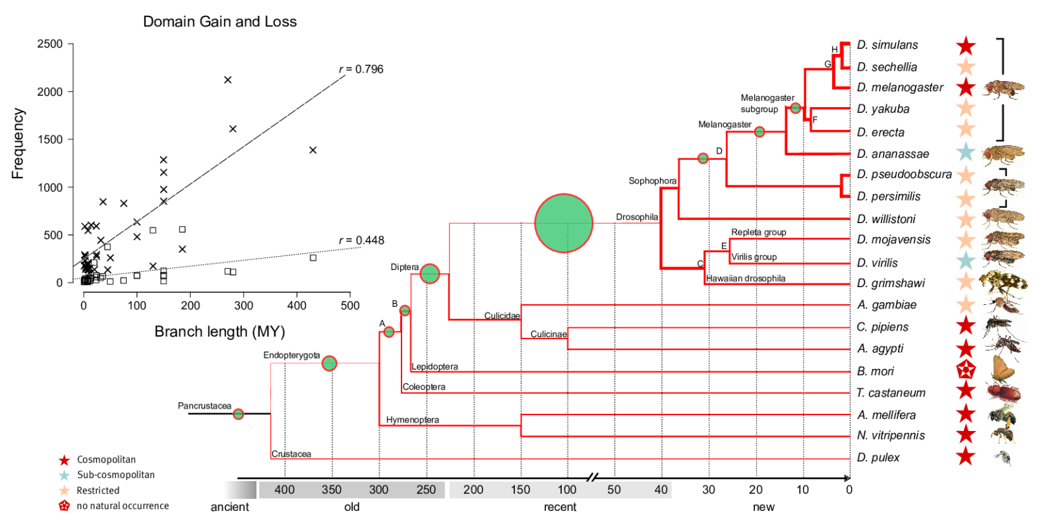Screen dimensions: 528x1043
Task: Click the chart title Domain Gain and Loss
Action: (220, 22)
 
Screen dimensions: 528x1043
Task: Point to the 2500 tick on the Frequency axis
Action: (50, 44)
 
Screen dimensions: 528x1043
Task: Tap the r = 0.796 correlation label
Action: (361, 69)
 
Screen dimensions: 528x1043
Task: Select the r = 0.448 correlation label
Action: (361, 240)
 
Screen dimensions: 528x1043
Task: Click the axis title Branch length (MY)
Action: (220, 331)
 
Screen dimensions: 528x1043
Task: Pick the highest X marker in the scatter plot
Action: (227, 80)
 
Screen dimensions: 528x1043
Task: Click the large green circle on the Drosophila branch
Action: (564, 223)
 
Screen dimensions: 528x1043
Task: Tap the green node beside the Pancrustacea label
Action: (239, 414)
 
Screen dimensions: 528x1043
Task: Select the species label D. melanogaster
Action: (900, 88)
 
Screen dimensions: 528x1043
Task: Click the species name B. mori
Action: (876, 371)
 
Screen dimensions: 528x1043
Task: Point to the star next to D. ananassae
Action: (966, 152)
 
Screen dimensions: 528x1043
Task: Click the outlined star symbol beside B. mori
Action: (966, 370)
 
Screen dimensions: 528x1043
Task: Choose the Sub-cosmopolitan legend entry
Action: (115, 475)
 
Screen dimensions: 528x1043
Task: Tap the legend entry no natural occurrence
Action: (123, 506)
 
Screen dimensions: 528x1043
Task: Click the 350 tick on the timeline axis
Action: (332, 490)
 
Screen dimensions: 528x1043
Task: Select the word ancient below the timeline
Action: (229, 507)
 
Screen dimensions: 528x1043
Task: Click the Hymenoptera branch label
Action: (413, 420)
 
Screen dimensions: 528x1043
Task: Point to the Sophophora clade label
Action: (652, 181)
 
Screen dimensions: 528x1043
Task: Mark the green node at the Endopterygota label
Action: (330, 363)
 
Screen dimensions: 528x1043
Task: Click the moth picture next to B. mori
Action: (1002, 370)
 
